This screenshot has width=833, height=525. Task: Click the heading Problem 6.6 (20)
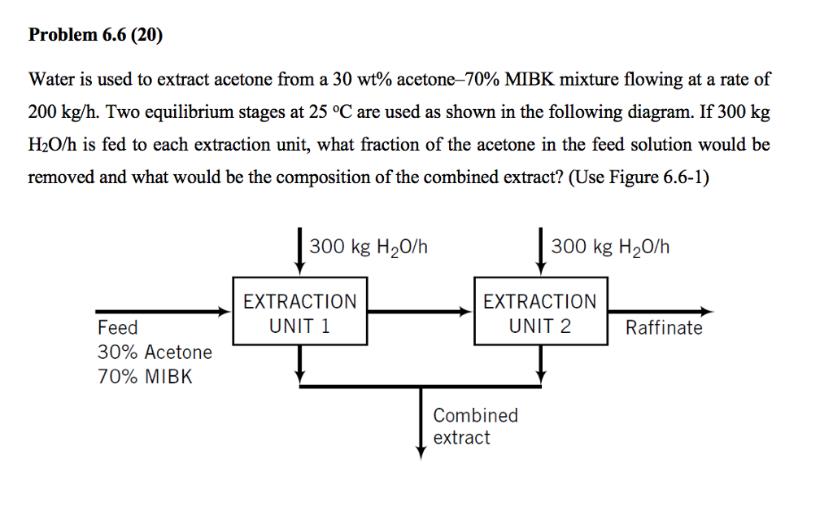click(x=95, y=35)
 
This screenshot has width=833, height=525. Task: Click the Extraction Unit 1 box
click(x=300, y=313)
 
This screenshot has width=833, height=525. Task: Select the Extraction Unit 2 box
click(x=540, y=313)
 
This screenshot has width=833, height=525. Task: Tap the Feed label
click(x=118, y=328)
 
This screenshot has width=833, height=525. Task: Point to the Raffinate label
click(x=664, y=328)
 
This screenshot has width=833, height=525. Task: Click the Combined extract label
click(x=474, y=426)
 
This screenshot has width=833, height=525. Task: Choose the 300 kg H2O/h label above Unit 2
click(x=610, y=247)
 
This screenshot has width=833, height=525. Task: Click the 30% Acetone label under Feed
click(x=155, y=352)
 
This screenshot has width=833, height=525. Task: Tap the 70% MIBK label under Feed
click(x=145, y=377)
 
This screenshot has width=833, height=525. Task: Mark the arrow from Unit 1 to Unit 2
click(x=420, y=311)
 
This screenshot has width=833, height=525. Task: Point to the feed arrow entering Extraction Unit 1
click(x=163, y=311)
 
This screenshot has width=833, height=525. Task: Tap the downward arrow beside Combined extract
click(x=421, y=423)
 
